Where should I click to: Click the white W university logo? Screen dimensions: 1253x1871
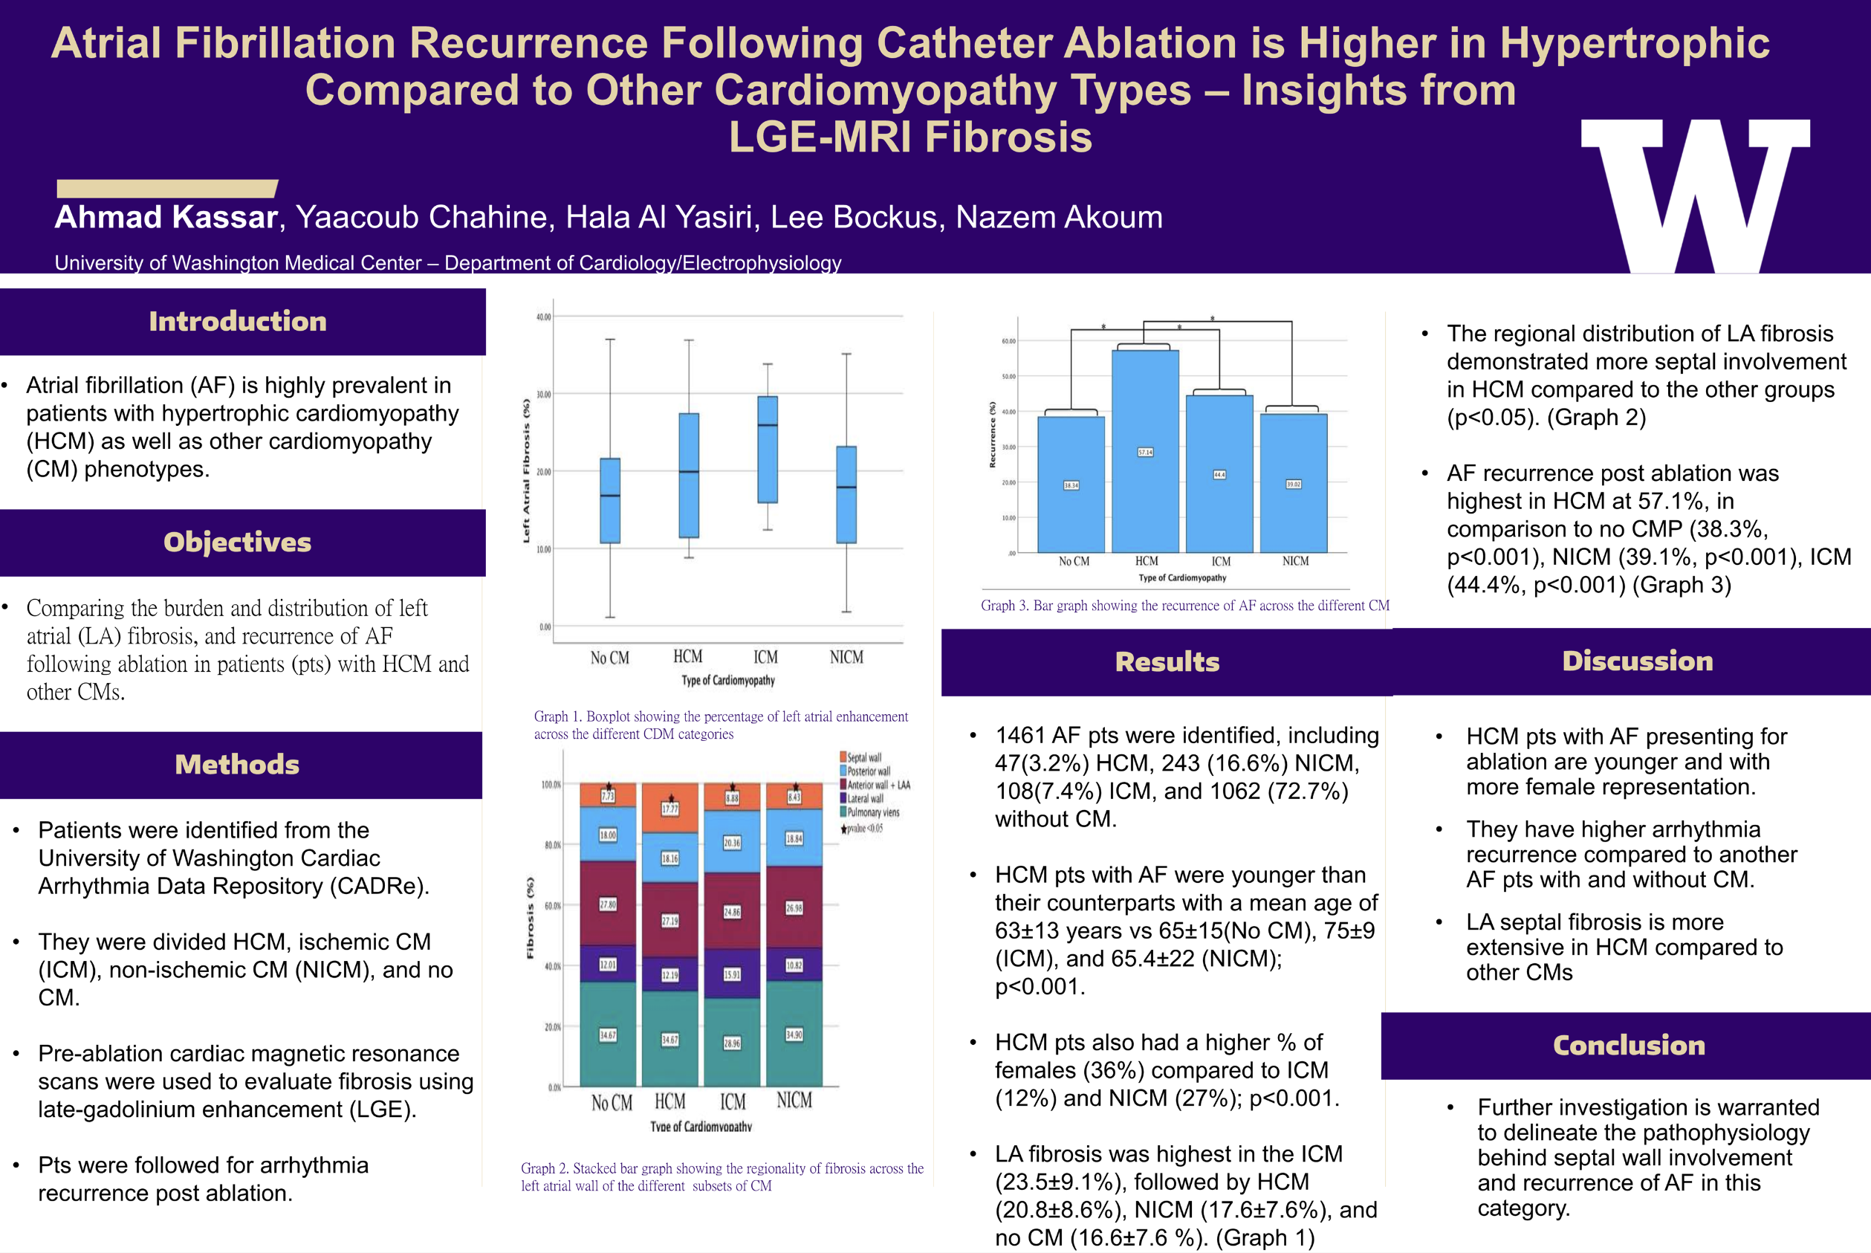point(1694,195)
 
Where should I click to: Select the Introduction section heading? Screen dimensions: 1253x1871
point(237,321)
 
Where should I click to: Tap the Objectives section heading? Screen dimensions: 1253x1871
point(237,543)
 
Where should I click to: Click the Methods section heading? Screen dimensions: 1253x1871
point(237,765)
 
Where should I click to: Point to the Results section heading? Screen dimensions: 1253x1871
point(1167,661)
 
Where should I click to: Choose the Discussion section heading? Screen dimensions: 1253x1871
point(1637,661)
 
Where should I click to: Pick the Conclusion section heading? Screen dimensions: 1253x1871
point(1628,1045)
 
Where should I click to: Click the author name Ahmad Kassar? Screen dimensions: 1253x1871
point(166,217)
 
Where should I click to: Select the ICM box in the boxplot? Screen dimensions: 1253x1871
point(767,449)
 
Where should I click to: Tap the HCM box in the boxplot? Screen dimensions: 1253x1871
point(689,476)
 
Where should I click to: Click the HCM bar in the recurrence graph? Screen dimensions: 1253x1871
point(1145,452)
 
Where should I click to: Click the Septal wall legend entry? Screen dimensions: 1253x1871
point(863,757)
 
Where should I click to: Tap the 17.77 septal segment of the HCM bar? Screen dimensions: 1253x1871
point(670,809)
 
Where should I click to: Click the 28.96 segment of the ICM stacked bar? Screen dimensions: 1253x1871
point(732,1043)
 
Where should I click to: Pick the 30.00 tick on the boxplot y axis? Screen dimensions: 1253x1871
point(543,395)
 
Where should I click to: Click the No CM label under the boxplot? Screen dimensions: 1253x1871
point(609,658)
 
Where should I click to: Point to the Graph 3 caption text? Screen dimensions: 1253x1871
point(1184,606)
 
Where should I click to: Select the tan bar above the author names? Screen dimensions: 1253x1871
point(166,189)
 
